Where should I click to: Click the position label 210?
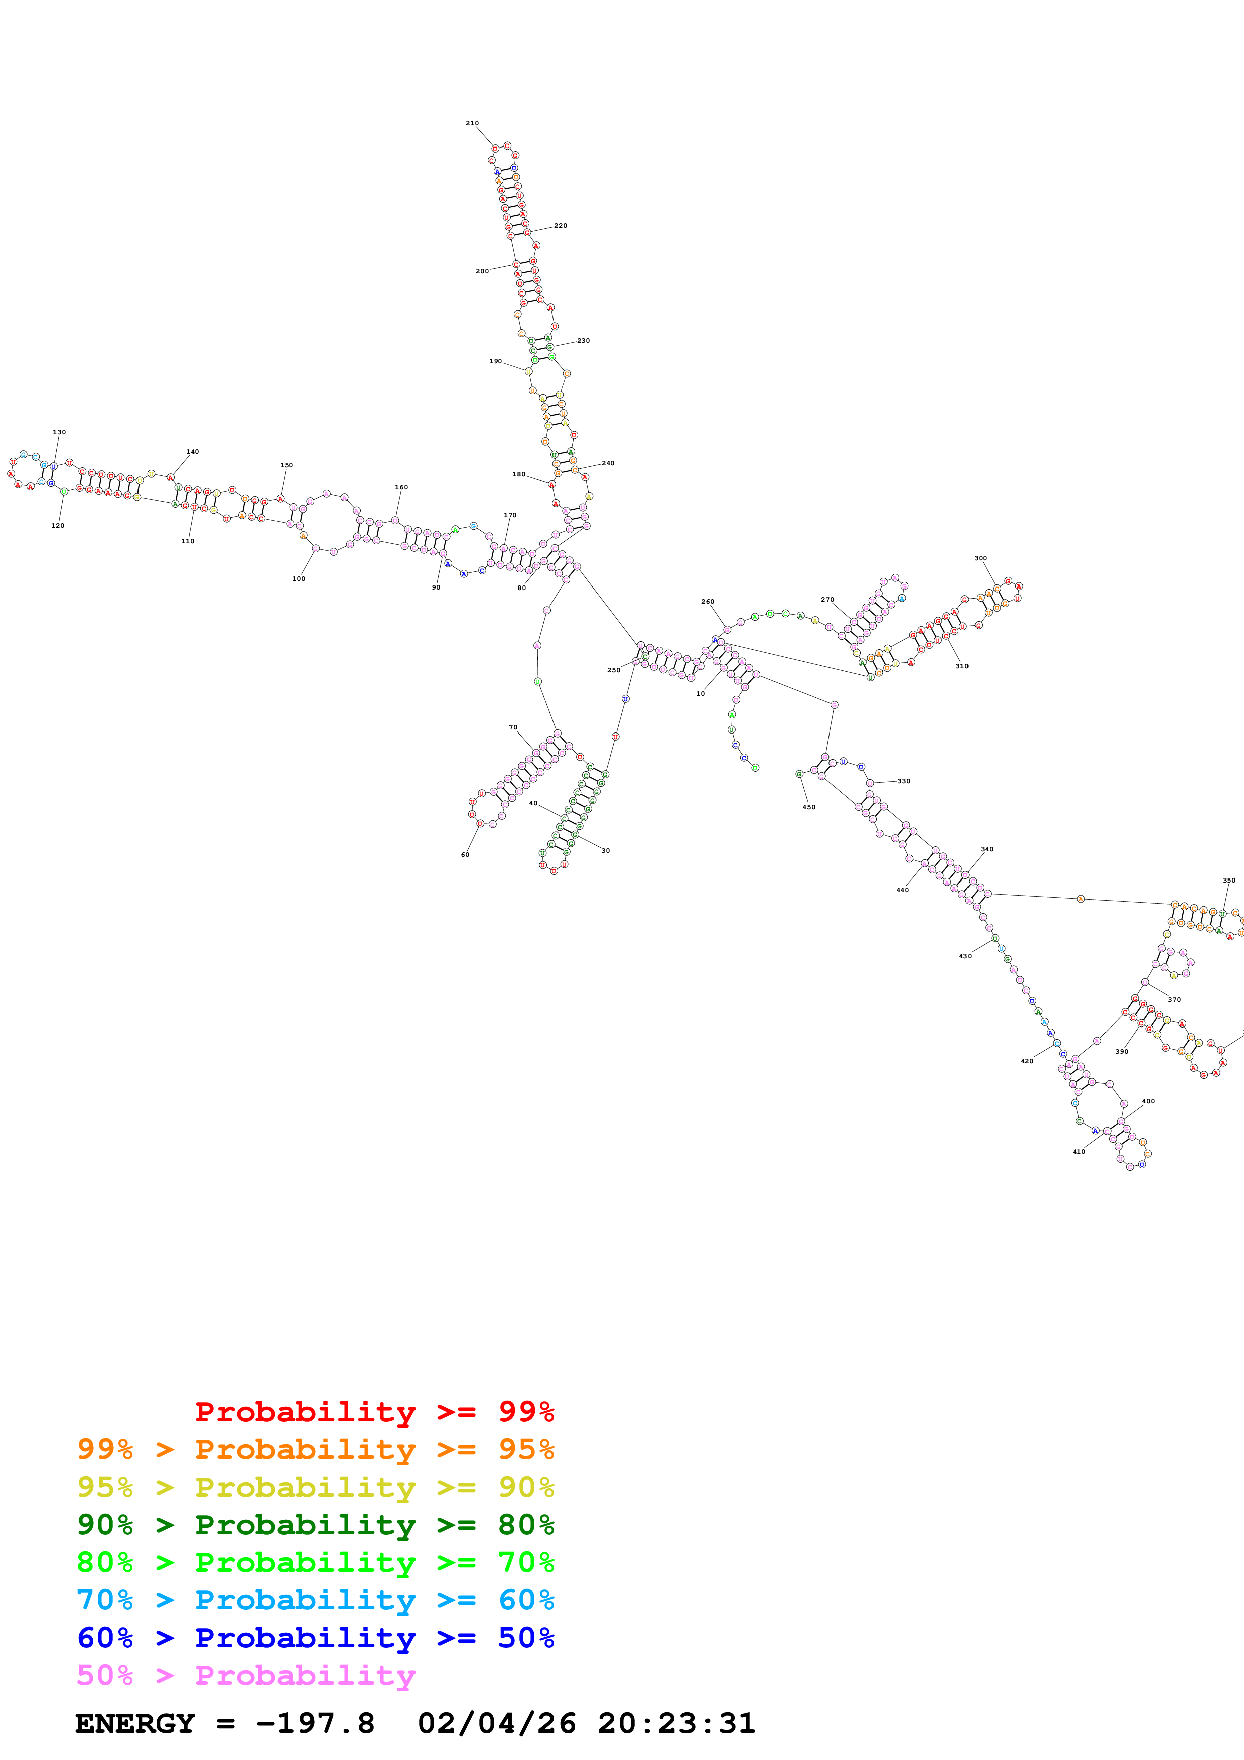coord(472,123)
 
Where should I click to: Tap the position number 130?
coord(59,432)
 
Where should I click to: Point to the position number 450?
coord(808,807)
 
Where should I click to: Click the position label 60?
coord(465,855)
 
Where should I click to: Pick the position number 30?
coord(606,851)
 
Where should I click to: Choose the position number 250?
coord(614,670)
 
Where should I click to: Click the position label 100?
coord(298,579)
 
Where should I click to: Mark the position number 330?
coord(904,781)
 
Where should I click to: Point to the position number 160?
coord(401,487)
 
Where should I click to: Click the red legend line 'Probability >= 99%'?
coord(374,1411)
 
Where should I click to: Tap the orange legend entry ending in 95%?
coord(315,1449)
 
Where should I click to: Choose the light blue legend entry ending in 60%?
coord(315,1600)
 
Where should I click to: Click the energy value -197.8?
coord(315,1724)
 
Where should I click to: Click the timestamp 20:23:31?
coord(676,1724)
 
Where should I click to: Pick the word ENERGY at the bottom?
coord(135,1724)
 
